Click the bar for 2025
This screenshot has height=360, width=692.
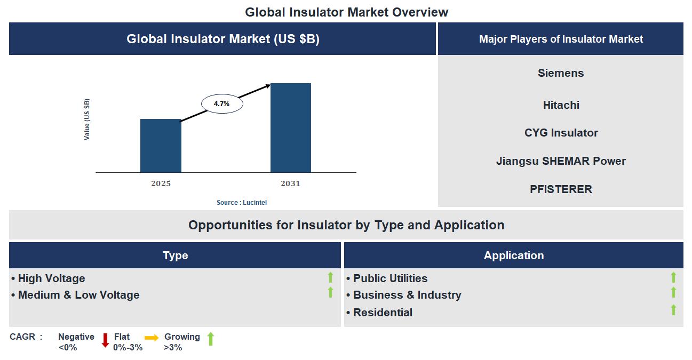(161, 146)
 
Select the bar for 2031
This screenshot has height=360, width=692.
(291, 128)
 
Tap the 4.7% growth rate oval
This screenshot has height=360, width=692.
(222, 104)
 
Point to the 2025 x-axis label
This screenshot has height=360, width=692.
(161, 183)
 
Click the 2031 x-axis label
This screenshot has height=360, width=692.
(291, 183)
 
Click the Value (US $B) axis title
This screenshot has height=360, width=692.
(87, 119)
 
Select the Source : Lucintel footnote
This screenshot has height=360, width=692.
(242, 203)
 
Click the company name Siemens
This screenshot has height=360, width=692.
(561, 73)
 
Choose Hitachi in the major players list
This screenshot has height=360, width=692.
(561, 105)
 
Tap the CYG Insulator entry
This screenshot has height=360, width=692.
(561, 133)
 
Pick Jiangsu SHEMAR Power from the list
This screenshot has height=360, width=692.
(561, 161)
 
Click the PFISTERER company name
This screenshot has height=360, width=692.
(561, 189)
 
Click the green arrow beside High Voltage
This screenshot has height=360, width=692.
(330, 277)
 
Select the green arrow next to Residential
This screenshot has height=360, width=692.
(673, 310)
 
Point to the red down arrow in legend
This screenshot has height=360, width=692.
(105, 340)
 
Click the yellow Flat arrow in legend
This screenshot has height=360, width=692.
(152, 338)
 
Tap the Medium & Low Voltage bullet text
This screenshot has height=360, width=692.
(78, 295)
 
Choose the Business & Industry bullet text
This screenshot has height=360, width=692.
(407, 295)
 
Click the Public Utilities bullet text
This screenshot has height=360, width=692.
(390, 278)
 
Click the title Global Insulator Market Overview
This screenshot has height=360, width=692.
(346, 12)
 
